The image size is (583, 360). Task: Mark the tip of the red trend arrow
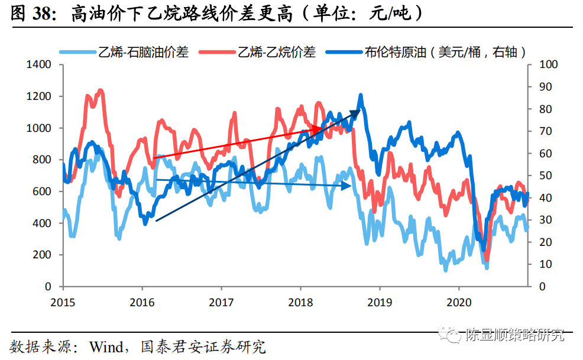tap(323, 128)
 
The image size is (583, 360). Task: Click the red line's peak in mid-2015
tap(100, 90)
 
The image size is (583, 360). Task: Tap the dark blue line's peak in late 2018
tap(361, 95)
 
